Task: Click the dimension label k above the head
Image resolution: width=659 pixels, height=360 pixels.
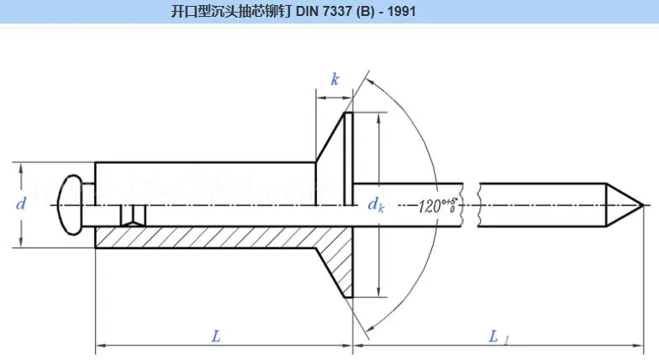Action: click(335, 80)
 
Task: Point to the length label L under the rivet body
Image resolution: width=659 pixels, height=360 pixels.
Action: click(216, 336)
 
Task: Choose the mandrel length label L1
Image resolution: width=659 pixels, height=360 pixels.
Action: click(498, 336)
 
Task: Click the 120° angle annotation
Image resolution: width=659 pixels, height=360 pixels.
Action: click(436, 205)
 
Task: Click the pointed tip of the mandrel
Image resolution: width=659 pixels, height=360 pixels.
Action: click(641, 204)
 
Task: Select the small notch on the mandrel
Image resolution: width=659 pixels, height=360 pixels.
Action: click(130, 216)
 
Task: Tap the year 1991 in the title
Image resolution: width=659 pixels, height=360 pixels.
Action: click(402, 13)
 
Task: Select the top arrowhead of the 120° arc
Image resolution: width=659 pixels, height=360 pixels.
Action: click(369, 82)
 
